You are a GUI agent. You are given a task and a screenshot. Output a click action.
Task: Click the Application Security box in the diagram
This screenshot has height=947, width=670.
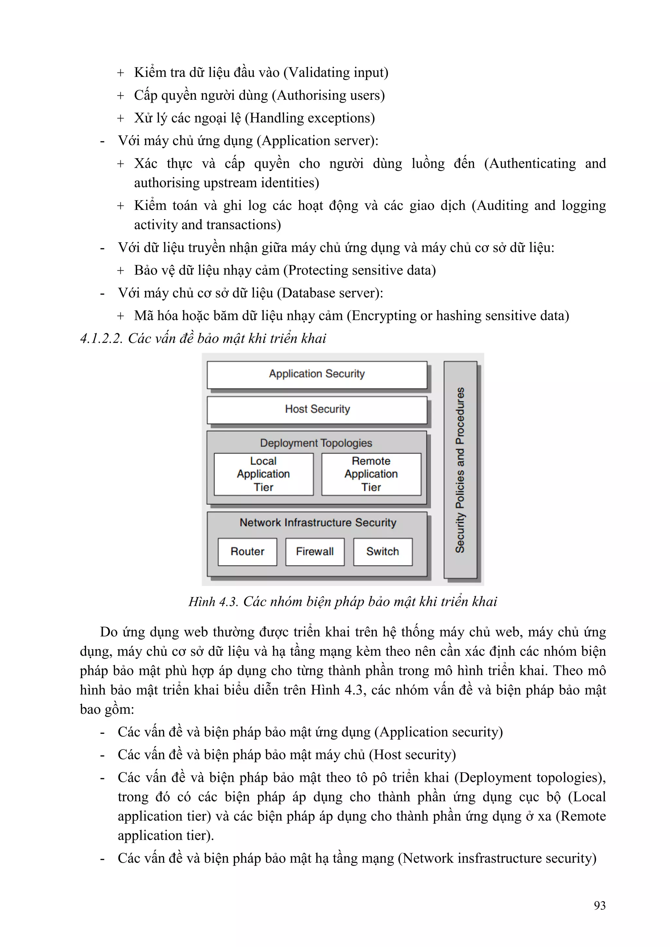(x=317, y=374)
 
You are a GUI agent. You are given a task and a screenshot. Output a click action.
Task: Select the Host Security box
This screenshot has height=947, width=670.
(x=317, y=409)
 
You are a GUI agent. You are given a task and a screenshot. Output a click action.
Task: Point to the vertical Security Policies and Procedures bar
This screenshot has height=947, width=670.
(x=460, y=470)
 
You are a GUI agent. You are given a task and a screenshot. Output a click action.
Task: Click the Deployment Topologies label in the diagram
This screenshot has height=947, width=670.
(x=316, y=443)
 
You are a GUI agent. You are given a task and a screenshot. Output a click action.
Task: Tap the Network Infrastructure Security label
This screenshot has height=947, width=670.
(x=318, y=523)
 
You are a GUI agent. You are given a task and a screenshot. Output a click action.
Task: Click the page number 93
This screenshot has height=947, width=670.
(x=599, y=905)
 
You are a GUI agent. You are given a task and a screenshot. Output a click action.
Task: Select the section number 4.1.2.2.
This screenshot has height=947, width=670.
(x=101, y=339)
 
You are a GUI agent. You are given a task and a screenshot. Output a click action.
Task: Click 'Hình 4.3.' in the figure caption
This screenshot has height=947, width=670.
(x=213, y=602)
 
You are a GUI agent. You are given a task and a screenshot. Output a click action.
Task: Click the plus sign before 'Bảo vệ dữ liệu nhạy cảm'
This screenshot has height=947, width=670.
(x=120, y=270)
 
